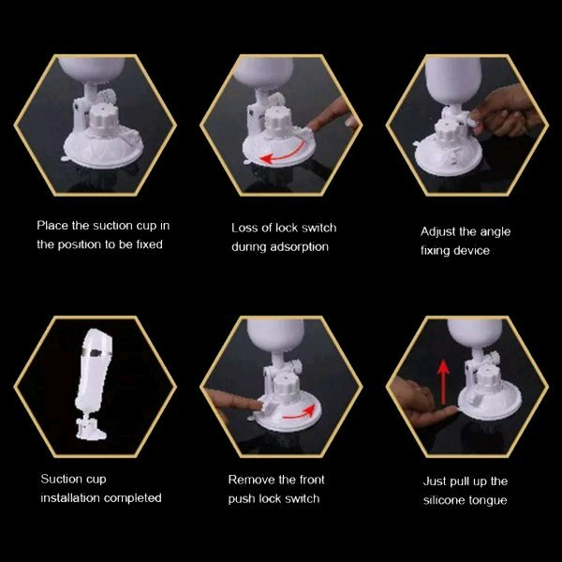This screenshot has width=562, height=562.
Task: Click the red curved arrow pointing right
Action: pos(300,414)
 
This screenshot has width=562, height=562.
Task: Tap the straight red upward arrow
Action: pos(444,381)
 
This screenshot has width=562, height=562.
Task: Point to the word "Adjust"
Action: pos(437,232)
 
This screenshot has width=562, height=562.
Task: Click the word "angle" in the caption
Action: pos(495,232)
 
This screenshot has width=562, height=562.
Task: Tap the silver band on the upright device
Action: pos(96,351)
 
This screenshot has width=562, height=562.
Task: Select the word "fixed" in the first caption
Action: pos(150,244)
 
